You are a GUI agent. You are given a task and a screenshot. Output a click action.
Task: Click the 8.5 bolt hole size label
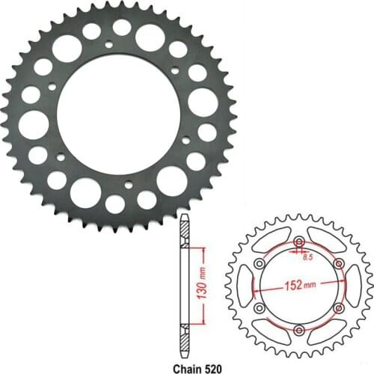(x=307, y=257)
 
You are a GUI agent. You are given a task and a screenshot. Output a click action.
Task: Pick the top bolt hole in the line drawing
(x=299, y=242)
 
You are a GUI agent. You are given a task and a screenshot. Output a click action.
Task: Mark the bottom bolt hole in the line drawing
(x=299, y=330)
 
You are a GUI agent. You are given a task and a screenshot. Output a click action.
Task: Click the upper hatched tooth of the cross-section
(x=184, y=230)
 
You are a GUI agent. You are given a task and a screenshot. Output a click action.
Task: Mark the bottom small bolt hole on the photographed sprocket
(x=128, y=183)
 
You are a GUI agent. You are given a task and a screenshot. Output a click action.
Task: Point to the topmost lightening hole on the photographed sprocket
(x=121, y=27)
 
